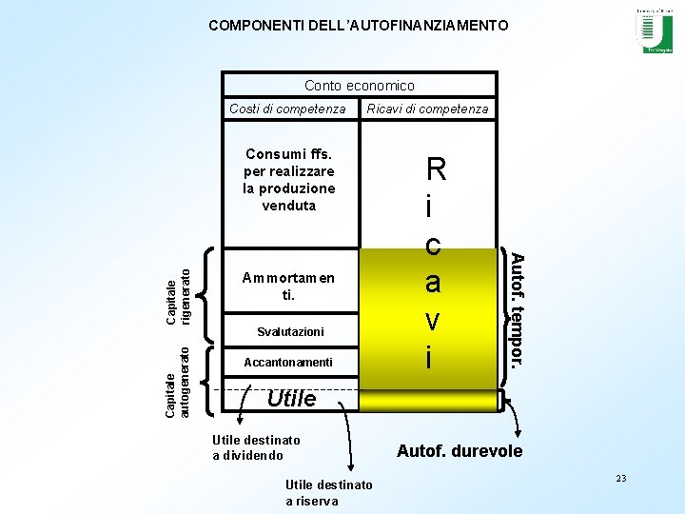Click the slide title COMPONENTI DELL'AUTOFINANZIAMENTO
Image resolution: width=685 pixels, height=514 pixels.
(x=359, y=26)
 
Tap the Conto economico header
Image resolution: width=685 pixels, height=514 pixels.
(x=359, y=86)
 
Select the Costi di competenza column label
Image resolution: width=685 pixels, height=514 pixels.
(x=287, y=109)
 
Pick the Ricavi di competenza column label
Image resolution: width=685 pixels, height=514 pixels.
(x=427, y=109)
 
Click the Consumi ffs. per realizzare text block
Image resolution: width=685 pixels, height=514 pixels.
(x=288, y=179)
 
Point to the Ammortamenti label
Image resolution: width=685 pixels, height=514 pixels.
(x=288, y=287)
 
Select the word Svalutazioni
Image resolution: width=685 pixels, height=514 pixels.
(x=290, y=332)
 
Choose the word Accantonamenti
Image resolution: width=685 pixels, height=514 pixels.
(x=288, y=363)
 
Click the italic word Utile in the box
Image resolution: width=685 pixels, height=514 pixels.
(x=291, y=399)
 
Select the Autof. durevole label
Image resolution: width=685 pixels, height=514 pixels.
(x=460, y=451)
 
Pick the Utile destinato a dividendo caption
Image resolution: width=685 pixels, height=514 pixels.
(x=256, y=447)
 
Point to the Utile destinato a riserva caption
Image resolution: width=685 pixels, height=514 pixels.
(x=328, y=493)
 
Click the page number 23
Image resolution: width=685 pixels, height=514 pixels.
(x=621, y=478)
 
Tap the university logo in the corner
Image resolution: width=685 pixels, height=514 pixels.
(x=654, y=30)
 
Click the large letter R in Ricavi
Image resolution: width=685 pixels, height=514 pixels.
(x=436, y=171)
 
